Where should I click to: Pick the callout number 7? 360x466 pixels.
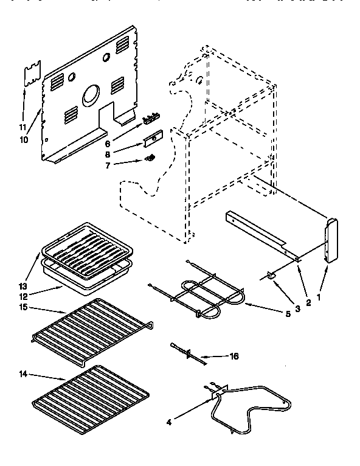click(x=108, y=165)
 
